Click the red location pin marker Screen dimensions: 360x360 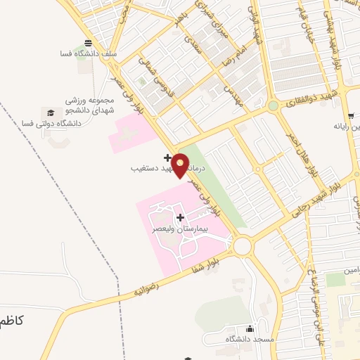click(181, 165)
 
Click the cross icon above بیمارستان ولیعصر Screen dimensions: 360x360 click(181, 217)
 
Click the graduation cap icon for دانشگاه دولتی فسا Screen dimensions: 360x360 click(50, 112)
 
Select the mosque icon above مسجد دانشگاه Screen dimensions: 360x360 click(250, 328)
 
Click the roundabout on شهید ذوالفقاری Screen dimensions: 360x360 click(272, 106)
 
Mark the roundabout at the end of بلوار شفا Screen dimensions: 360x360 click(243, 245)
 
